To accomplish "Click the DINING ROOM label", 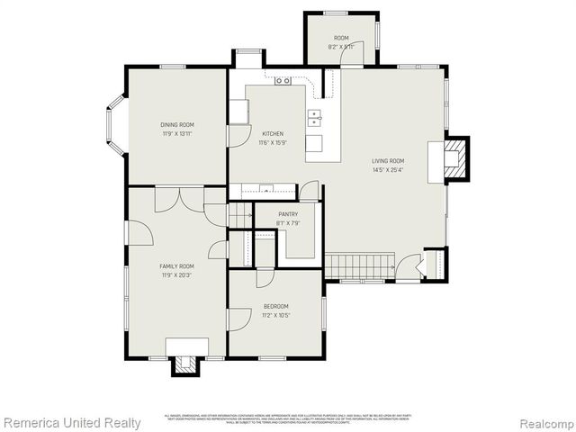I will [x=177, y=125].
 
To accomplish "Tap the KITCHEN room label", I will [x=272, y=134].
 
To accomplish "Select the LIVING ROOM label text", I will [x=388, y=161].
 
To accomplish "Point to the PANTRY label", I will [x=288, y=214].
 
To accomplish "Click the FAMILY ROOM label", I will [x=177, y=266].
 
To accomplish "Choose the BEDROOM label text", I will [x=275, y=307].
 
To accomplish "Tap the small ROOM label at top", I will [x=341, y=38].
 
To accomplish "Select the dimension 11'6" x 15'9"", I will [x=272, y=142].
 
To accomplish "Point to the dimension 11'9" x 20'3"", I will [x=177, y=274].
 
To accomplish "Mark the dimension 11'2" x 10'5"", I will [x=275, y=315].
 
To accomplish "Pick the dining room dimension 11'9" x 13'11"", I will [x=177, y=133].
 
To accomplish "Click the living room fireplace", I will [x=457, y=159].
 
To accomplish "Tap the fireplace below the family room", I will [x=186, y=364].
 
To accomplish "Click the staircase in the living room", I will [x=360, y=265].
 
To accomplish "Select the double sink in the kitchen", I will [x=315, y=116].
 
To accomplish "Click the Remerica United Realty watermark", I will [x=72, y=422].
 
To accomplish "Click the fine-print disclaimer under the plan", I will [x=288, y=418].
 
